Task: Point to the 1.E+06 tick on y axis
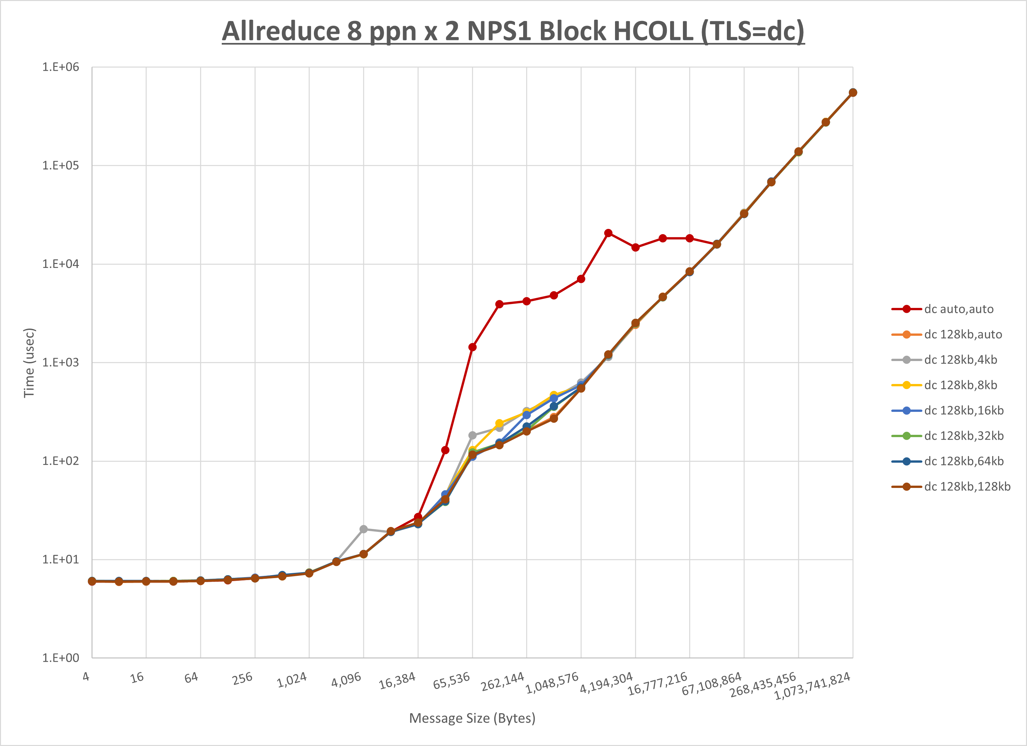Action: (61, 67)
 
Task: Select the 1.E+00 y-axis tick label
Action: (61, 658)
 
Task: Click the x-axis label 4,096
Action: (346, 679)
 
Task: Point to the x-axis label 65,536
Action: (452, 681)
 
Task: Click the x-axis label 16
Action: (137, 678)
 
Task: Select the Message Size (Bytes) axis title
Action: (472, 718)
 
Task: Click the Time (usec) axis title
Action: (29, 363)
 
